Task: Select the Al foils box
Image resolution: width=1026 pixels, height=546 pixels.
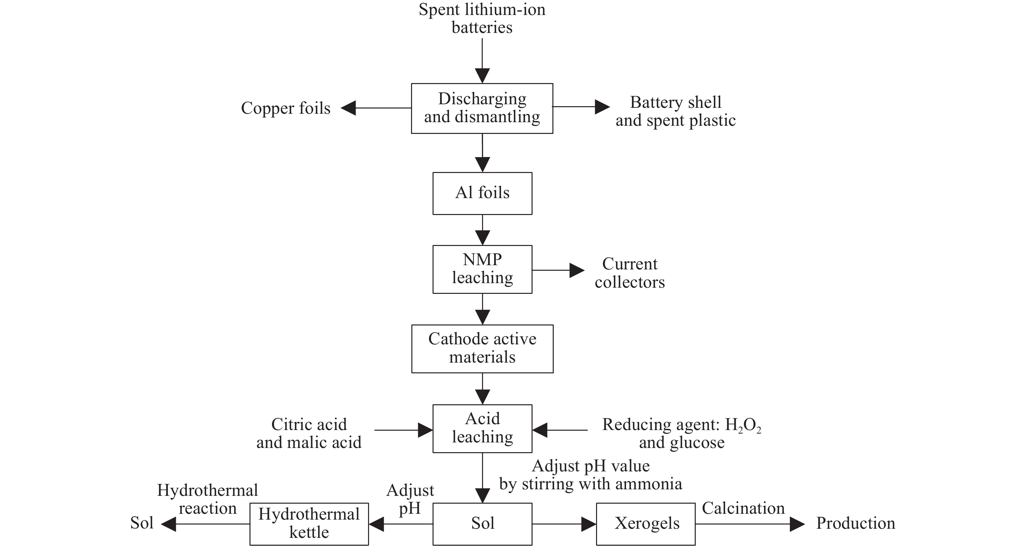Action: coord(482,193)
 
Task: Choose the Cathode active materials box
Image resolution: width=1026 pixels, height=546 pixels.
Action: coord(482,349)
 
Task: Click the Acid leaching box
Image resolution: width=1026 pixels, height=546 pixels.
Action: coord(482,428)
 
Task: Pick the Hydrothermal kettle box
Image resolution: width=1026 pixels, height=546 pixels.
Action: coord(309,524)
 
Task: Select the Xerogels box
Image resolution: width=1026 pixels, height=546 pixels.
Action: coord(646,524)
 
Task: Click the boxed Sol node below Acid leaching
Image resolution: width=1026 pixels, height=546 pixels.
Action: coord(482,524)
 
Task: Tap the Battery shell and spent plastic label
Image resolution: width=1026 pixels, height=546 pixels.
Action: coord(676,111)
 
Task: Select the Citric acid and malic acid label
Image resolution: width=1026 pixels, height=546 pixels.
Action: coord(309,433)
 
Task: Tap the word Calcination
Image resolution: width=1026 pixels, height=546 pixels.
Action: coord(743,509)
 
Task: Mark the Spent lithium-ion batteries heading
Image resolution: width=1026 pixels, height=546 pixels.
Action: coord(482,18)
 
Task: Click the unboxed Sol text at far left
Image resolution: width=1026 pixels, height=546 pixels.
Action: coord(142,523)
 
